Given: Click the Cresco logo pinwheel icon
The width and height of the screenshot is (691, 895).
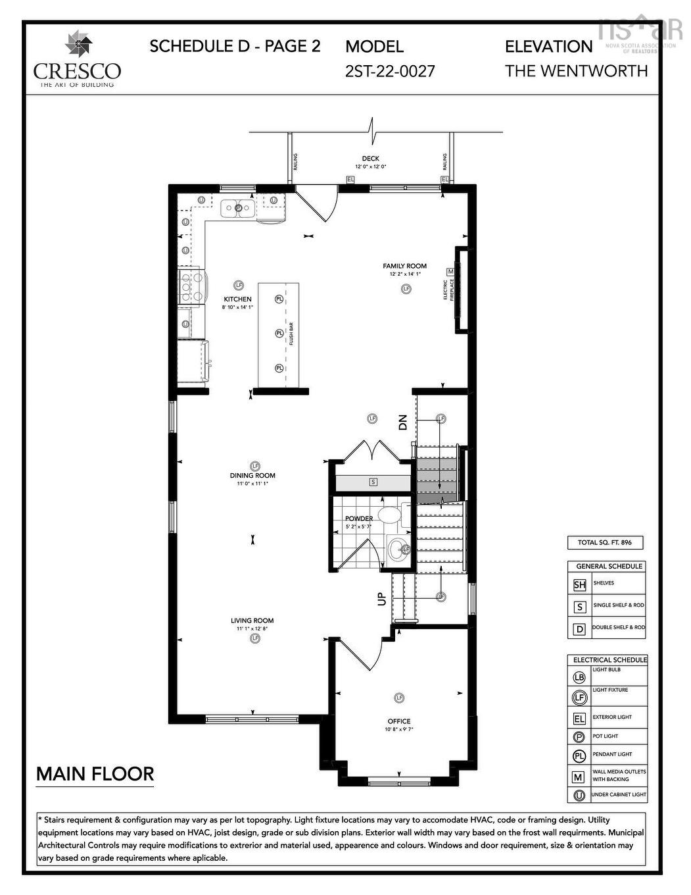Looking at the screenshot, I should (x=78, y=44).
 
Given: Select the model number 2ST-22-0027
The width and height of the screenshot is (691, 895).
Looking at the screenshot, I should (x=390, y=71).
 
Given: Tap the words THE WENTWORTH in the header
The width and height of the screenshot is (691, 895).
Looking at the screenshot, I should (x=576, y=71).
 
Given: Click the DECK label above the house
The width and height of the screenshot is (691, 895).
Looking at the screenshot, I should (x=370, y=159).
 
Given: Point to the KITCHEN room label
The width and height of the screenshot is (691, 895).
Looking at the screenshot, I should (x=237, y=299).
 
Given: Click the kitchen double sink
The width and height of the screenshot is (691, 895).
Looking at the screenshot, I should (x=238, y=209).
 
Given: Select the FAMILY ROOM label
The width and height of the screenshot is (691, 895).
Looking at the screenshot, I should (x=404, y=266).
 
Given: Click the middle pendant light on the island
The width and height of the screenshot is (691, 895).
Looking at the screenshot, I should (x=279, y=333).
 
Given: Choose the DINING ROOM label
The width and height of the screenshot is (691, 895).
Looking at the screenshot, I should (x=252, y=475).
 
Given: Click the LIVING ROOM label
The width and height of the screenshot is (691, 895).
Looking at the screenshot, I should (x=252, y=621).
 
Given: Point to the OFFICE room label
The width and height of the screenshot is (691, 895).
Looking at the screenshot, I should (x=398, y=721).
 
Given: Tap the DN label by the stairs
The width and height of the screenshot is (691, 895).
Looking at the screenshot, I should (x=403, y=422).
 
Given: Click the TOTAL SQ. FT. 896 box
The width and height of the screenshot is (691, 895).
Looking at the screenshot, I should (x=605, y=543).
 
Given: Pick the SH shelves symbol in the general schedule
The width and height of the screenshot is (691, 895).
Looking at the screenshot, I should (x=579, y=584).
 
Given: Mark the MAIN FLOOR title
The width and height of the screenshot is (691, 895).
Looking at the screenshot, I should (x=95, y=774).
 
